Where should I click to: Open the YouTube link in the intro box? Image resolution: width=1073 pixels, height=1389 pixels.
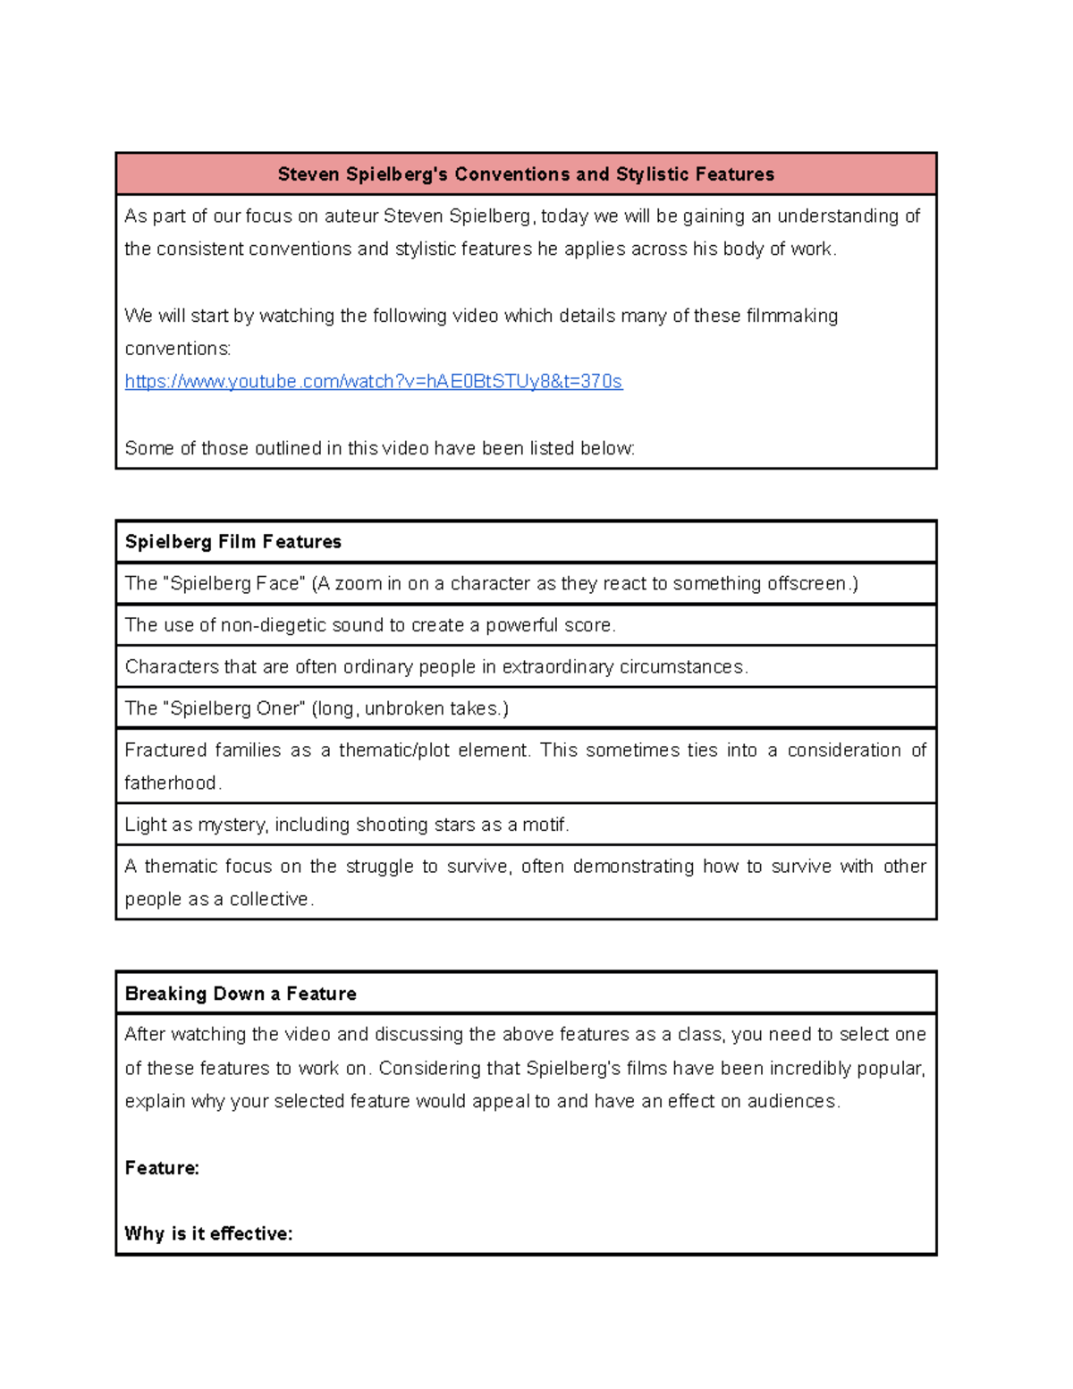tap(373, 382)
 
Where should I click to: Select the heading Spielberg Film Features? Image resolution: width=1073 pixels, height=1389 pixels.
tap(232, 542)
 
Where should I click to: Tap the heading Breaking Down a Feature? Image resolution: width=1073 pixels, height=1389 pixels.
tap(241, 994)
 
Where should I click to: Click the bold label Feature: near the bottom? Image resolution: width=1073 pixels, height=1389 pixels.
tap(162, 1168)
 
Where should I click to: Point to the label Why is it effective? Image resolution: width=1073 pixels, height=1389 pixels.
tap(208, 1234)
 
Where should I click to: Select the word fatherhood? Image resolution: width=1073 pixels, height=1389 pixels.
tap(171, 783)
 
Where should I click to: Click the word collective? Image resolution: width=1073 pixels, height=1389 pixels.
tap(269, 900)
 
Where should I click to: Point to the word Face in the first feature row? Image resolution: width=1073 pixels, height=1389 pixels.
tap(279, 584)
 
